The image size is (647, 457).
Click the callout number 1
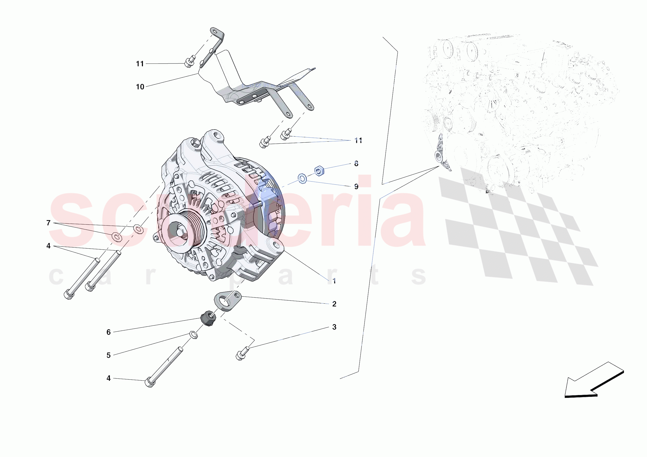334,281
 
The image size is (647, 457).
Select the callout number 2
334,304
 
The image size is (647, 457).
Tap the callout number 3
334,327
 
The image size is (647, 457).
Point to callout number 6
109,332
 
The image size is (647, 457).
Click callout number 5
109,355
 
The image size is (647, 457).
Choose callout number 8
356,164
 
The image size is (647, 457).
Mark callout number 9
356,187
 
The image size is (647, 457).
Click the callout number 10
140,87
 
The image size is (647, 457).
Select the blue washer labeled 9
302,179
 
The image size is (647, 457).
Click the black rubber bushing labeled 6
208,319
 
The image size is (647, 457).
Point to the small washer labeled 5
194,335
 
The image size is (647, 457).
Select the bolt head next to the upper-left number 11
189,62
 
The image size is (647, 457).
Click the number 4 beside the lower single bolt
109,378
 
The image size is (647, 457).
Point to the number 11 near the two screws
358,141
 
